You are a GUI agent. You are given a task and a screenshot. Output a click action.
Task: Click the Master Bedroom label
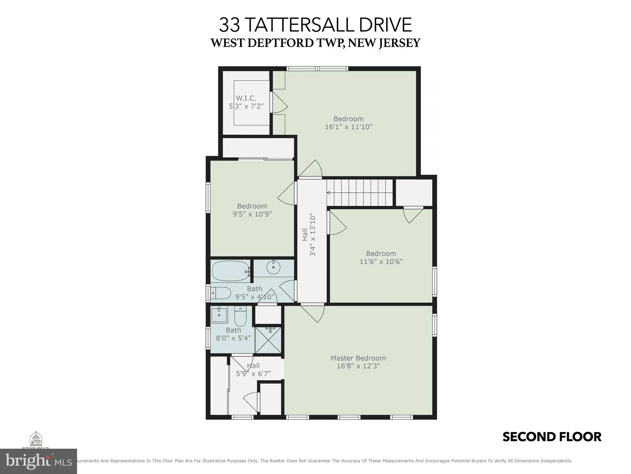click(358, 358)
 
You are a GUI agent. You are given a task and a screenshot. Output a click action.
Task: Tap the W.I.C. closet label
click(246, 98)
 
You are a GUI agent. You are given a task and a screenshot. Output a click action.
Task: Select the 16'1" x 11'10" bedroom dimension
click(348, 127)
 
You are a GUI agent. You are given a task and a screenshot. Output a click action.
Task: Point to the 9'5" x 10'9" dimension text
click(252, 214)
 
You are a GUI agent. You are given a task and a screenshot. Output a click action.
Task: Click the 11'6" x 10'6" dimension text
click(381, 261)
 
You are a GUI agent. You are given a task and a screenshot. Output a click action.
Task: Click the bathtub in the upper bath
click(230, 271)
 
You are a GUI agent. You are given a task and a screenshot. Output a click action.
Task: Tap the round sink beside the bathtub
click(273, 267)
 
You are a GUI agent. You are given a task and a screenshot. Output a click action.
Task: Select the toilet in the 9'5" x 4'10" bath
click(221, 293)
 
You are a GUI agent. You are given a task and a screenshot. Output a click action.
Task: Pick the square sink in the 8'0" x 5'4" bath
click(219, 315)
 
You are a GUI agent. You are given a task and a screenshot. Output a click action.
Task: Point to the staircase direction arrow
click(328, 193)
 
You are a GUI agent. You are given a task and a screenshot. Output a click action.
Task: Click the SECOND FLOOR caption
click(552, 437)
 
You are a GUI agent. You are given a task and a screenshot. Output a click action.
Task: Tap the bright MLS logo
click(38, 461)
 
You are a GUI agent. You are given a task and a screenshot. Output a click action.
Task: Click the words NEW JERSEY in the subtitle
click(384, 43)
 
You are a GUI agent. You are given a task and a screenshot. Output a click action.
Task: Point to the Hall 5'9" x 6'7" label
click(253, 370)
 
